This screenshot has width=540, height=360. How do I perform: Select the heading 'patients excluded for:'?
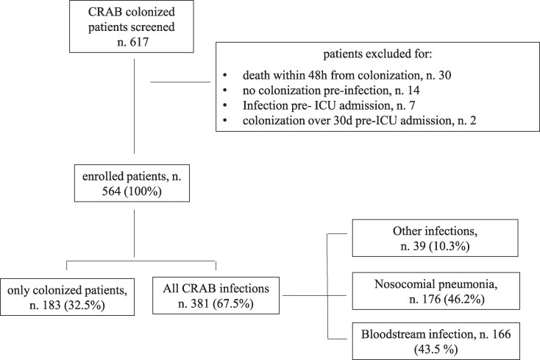(x=377, y=54)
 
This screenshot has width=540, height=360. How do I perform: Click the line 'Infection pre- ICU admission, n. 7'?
(x=329, y=105)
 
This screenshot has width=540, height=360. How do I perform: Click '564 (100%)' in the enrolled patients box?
(x=132, y=191)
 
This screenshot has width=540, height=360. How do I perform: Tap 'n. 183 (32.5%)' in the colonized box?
(x=67, y=306)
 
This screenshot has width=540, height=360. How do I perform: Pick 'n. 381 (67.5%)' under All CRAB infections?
(x=216, y=304)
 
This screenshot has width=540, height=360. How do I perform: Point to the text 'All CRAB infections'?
(x=216, y=289)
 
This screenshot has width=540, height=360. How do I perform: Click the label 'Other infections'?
(x=435, y=231)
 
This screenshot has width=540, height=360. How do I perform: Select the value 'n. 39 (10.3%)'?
(x=435, y=247)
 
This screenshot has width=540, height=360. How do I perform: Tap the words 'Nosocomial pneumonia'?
(x=436, y=284)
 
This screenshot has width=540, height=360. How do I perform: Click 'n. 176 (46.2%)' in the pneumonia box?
(x=447, y=300)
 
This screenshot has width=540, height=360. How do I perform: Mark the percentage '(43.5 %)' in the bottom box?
(x=436, y=350)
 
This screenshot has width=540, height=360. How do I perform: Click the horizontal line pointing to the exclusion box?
(x=180, y=82)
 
